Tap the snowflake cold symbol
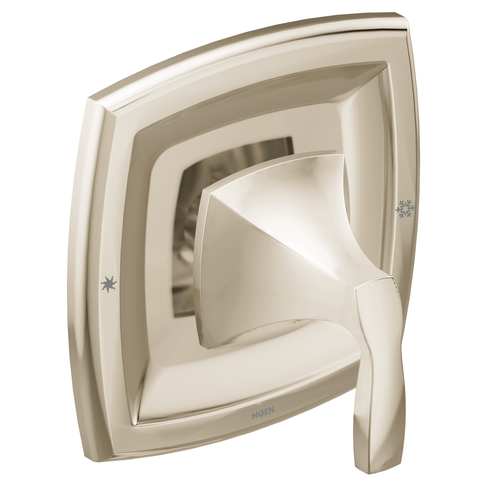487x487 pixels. tap(405, 208)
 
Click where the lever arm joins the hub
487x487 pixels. tap(358, 290)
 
